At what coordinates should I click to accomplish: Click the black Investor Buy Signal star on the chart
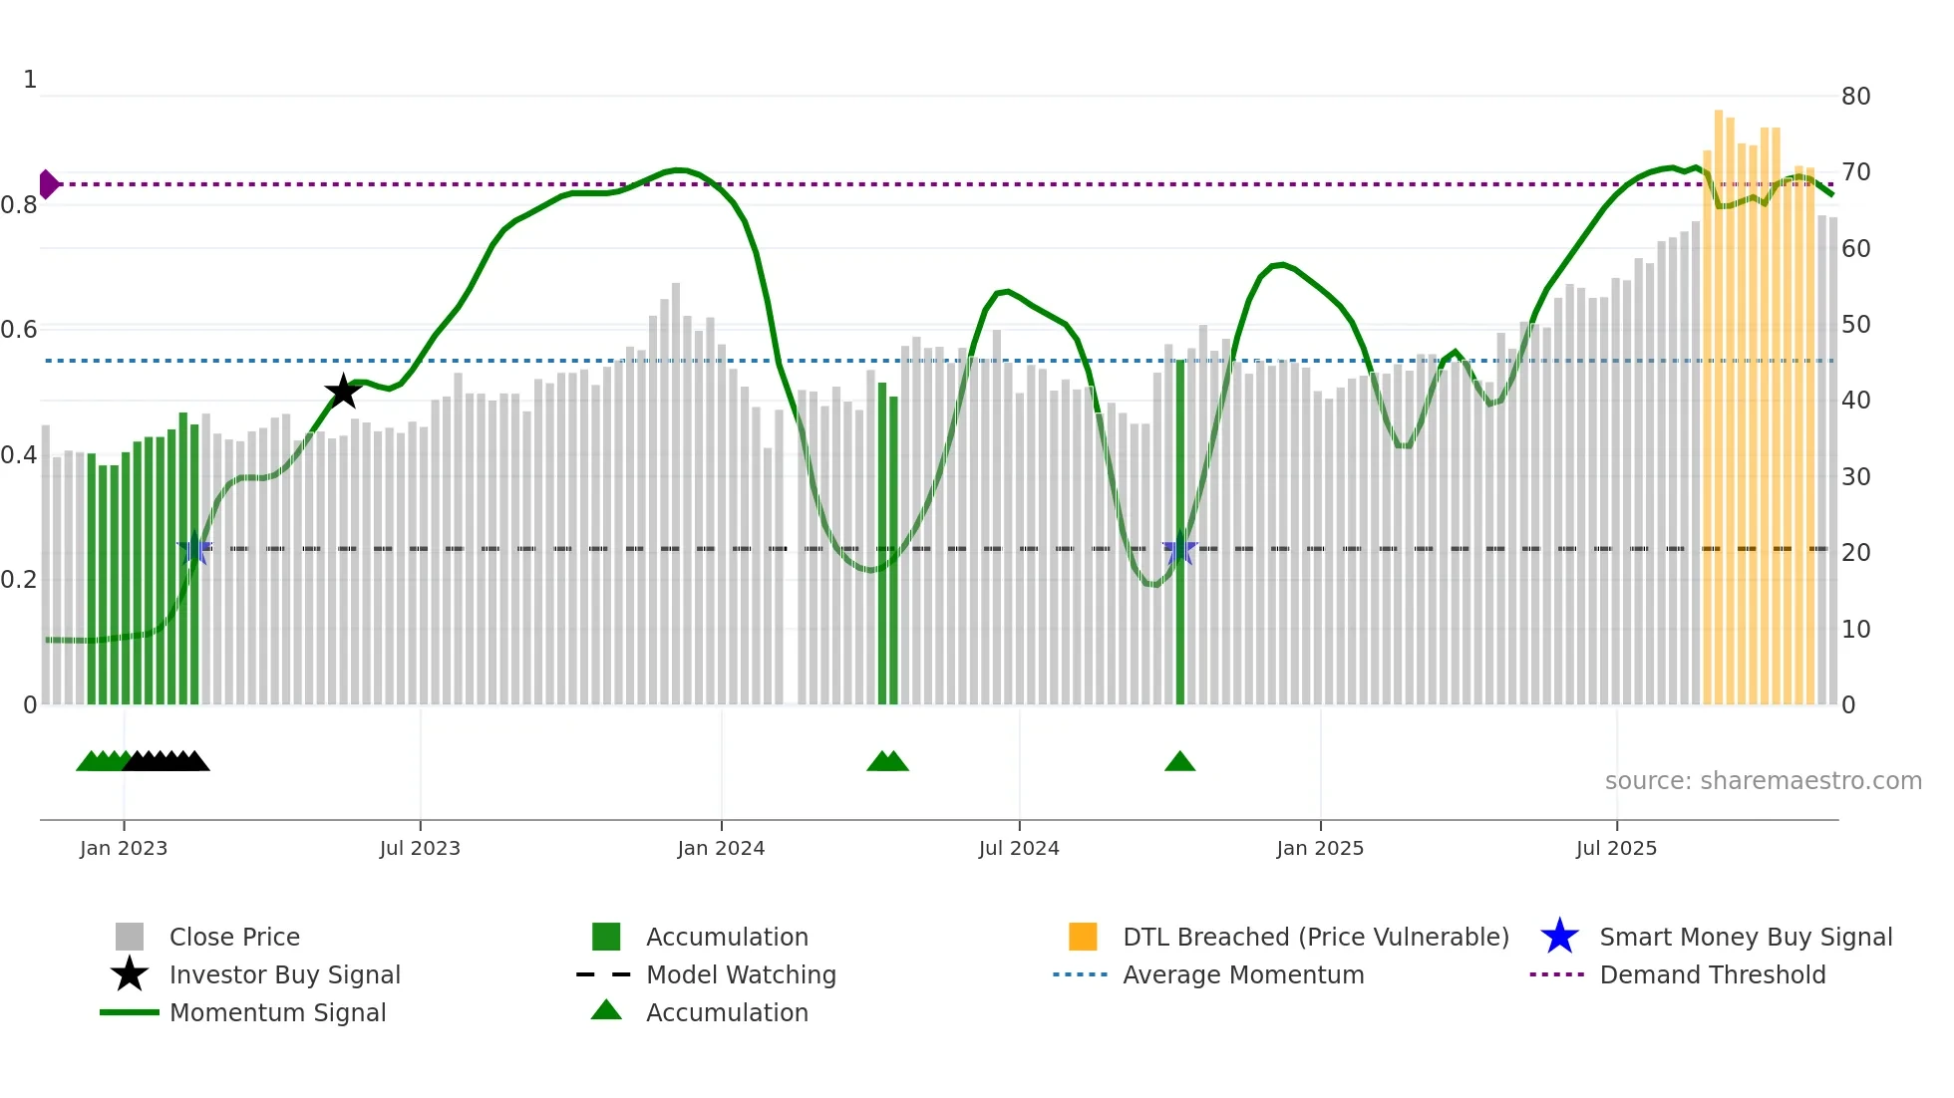point(343,392)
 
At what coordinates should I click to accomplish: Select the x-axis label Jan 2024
point(721,848)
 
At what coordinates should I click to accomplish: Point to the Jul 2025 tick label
point(1616,848)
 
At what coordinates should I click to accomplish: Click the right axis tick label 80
point(1855,97)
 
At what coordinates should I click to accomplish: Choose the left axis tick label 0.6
point(19,330)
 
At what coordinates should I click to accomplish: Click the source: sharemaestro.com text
point(1763,781)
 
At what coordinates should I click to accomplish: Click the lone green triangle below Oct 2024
point(1179,761)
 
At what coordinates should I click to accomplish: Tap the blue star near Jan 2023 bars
point(193,549)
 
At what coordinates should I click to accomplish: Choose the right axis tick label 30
point(1855,477)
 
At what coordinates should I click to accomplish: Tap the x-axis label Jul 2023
point(420,848)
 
